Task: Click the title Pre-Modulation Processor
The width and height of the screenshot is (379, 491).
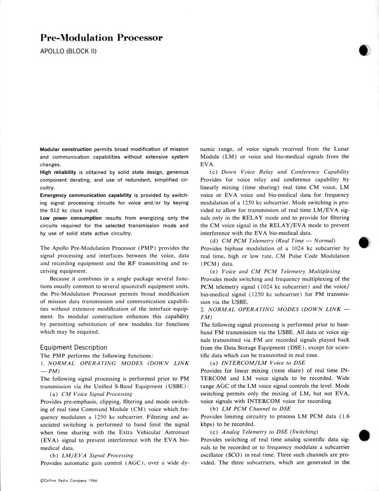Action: tap(102, 38)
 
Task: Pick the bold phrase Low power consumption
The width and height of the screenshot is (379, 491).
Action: tap(71, 218)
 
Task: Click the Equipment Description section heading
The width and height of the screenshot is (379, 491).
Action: tap(73, 347)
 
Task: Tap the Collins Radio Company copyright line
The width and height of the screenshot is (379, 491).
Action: tap(67, 480)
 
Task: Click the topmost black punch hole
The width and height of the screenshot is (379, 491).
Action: tap(364, 51)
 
